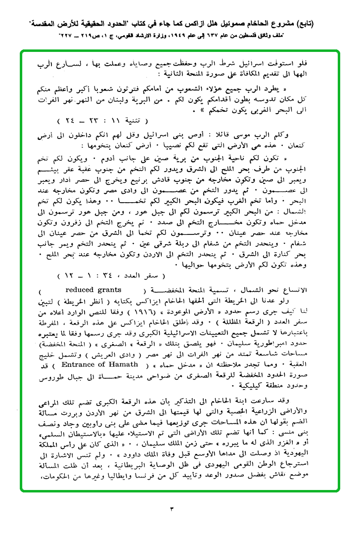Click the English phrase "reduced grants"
pyautogui.click(x=93, y=290)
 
